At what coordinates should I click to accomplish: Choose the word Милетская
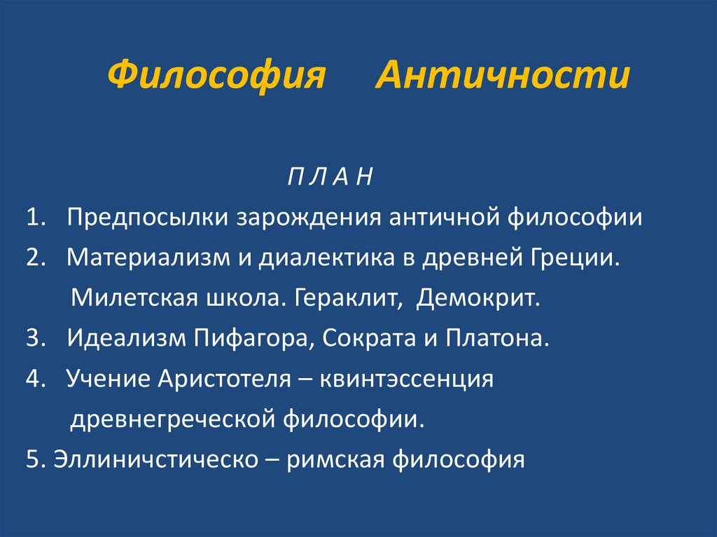coord(130,299)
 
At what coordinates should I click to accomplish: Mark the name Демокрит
coord(479,299)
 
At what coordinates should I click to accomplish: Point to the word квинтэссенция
coord(408,379)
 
